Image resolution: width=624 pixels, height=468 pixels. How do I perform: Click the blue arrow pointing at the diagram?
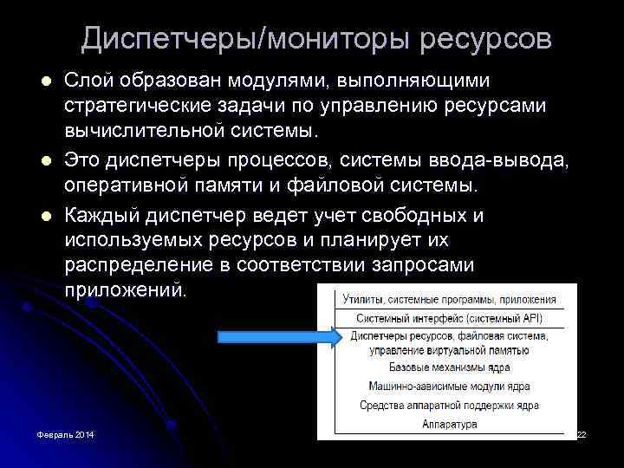click(270, 336)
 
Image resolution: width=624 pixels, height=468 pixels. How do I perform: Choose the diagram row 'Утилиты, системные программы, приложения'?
click(449, 299)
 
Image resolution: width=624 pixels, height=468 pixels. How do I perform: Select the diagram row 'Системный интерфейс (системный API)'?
click(449, 318)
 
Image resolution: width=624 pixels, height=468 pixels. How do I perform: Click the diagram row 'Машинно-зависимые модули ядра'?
click(449, 387)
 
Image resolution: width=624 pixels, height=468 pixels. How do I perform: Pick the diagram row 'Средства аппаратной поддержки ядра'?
click(449, 405)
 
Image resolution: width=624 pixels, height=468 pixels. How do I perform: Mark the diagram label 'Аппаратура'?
click(449, 424)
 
